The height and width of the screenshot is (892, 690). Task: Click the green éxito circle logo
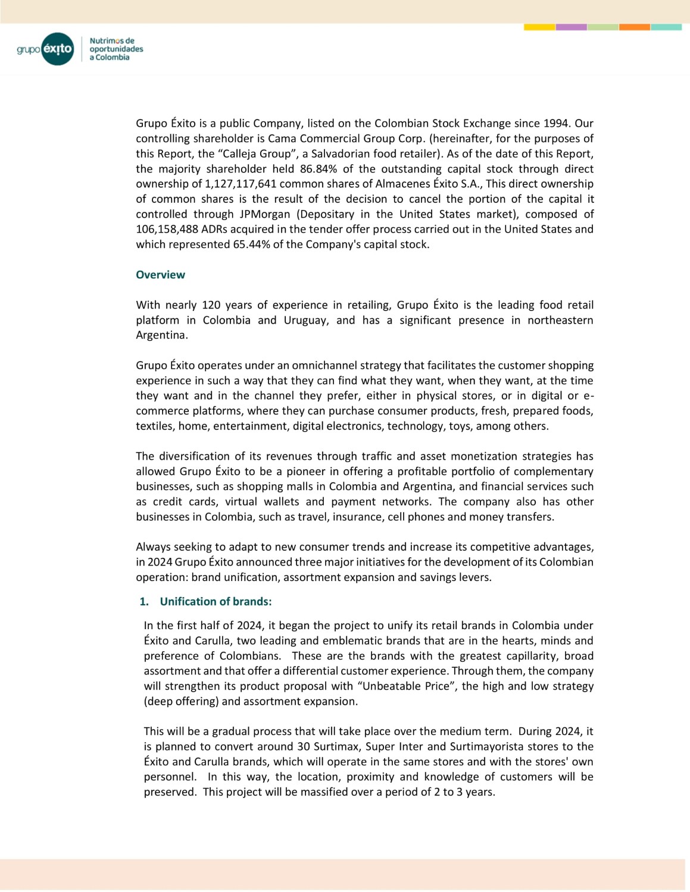coord(58,49)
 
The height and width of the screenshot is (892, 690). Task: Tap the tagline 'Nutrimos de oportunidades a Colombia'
coord(116,49)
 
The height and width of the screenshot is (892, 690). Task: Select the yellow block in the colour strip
coord(539,27)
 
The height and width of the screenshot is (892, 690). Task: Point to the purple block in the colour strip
coord(571,27)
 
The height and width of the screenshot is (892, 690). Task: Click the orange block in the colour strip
coord(634,27)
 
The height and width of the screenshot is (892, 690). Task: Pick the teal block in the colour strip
coord(666,27)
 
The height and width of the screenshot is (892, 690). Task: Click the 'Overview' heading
coord(160,275)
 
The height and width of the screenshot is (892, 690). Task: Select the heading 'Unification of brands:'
coord(216,602)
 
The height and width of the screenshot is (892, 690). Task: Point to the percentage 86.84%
coord(318,169)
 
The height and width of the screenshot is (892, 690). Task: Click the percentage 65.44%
coord(251,244)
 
